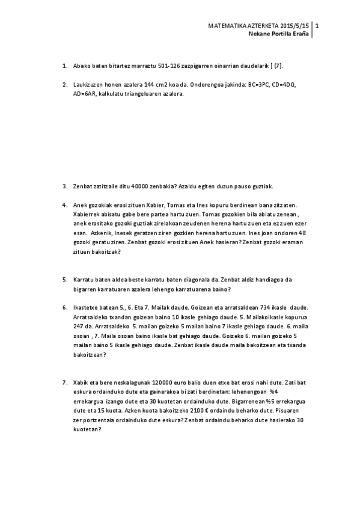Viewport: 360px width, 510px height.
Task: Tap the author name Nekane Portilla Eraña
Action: click(x=279, y=34)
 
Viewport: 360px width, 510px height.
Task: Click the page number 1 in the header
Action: click(x=317, y=26)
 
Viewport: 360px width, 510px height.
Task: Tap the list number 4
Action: click(x=64, y=205)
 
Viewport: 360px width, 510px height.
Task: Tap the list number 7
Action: click(x=64, y=382)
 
